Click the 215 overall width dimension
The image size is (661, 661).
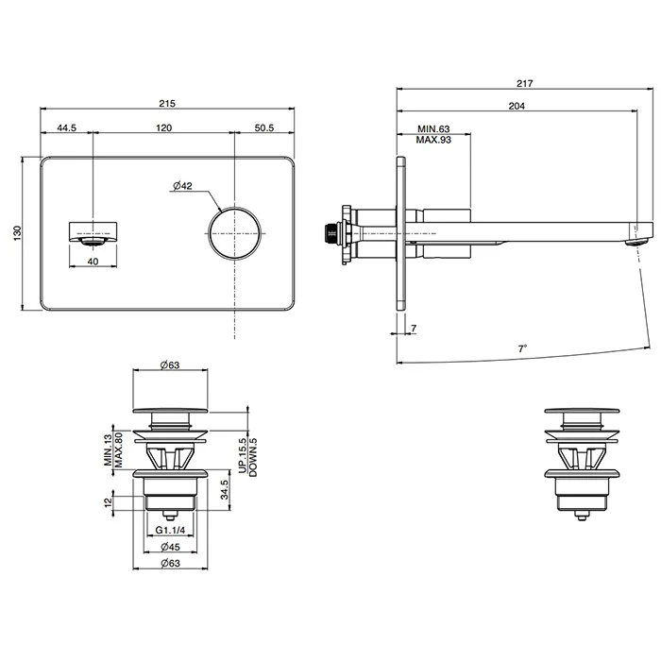click(x=167, y=103)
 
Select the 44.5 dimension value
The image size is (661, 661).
click(x=67, y=127)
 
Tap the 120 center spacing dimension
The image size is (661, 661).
click(x=164, y=127)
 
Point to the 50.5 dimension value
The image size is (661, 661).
click(x=264, y=127)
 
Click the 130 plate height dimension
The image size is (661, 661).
click(x=17, y=233)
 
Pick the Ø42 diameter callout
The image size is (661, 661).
click(x=182, y=185)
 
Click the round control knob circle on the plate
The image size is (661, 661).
click(x=234, y=233)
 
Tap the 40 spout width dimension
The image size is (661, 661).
click(x=93, y=262)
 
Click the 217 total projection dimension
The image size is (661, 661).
click(x=525, y=83)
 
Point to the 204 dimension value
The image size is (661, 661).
click(x=517, y=106)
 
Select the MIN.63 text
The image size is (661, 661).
click(x=433, y=128)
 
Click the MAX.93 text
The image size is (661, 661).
click(x=433, y=140)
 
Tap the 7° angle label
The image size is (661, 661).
click(x=523, y=348)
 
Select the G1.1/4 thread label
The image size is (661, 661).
click(x=170, y=530)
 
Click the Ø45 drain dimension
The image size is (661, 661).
click(x=170, y=547)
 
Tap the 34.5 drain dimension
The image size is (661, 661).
click(x=225, y=490)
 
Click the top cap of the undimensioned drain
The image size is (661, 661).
click(x=582, y=410)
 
